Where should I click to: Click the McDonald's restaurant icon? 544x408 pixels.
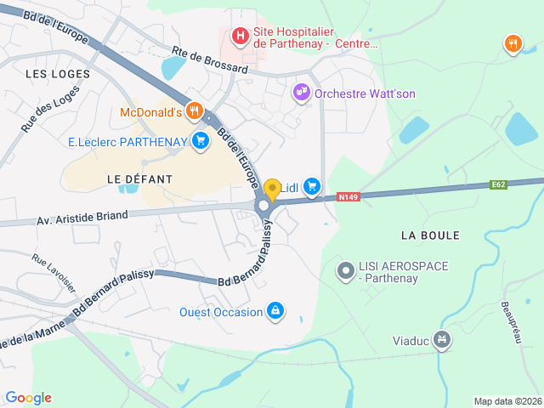[x=195, y=111]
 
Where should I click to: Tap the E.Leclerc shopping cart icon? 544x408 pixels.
[x=201, y=141]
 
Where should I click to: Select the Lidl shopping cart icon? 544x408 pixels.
[x=312, y=185]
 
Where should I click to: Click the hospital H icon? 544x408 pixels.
[x=241, y=36]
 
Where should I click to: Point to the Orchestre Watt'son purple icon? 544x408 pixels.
[x=301, y=92]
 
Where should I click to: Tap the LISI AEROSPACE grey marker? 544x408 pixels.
[x=345, y=272]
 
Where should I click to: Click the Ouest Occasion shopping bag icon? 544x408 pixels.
[x=275, y=312]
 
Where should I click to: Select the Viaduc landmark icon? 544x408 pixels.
[x=441, y=341]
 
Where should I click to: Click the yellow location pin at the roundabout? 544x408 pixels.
[x=272, y=190]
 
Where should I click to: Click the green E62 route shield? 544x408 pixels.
[x=499, y=184]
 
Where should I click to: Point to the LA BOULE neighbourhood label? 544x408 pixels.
[x=430, y=235]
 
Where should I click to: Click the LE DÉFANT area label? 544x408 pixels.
[x=139, y=179]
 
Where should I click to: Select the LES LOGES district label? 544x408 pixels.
[x=58, y=74]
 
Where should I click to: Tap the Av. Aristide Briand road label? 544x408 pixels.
[x=82, y=218]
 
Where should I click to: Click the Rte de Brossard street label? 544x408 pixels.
[x=209, y=60]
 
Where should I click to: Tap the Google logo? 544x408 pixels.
[x=28, y=398]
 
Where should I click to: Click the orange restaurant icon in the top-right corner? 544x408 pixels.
[x=513, y=44]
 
